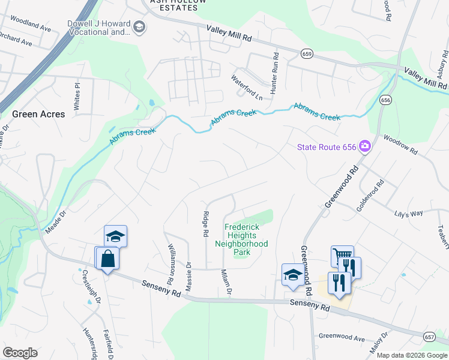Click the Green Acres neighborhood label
click(x=38, y=114)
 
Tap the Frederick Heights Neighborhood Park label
click(x=246, y=239)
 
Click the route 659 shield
click(x=307, y=54)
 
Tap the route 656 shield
click(x=385, y=100)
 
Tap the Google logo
click(x=20, y=353)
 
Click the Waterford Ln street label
click(x=247, y=88)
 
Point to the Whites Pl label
click(x=76, y=97)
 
